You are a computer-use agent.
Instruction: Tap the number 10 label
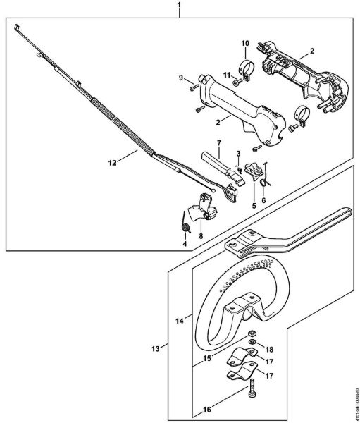(x=244, y=44)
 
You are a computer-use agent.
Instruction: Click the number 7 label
(x=218, y=143)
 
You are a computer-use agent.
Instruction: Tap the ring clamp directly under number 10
(x=247, y=69)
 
